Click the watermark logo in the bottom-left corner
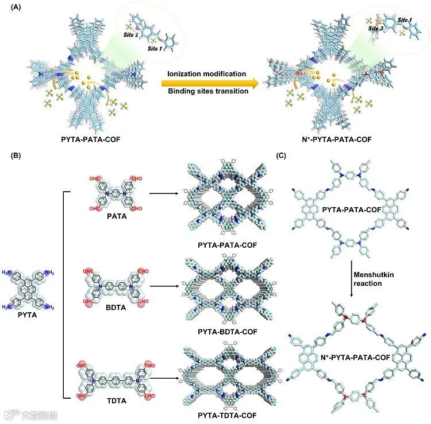coord(11,413)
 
